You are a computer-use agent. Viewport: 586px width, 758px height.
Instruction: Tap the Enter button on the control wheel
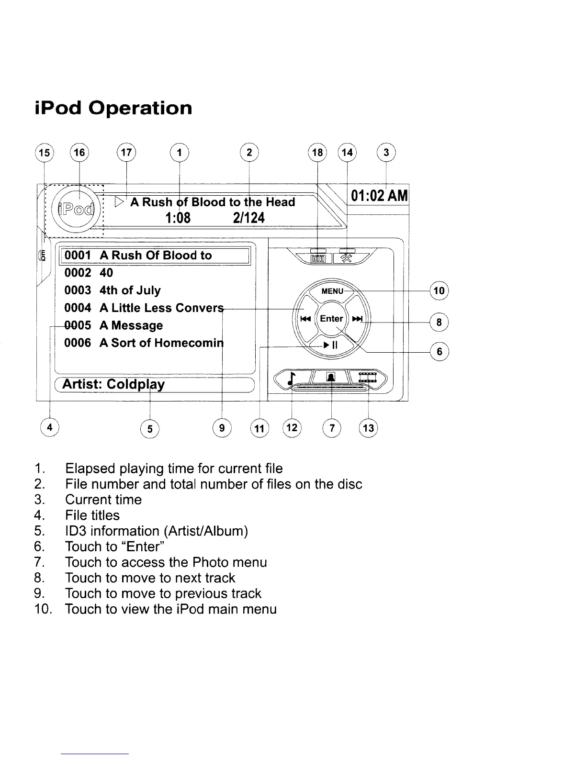[331, 319]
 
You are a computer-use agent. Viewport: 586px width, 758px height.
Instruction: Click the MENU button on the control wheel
[332, 291]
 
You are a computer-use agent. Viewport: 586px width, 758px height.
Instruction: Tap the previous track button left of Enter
[305, 319]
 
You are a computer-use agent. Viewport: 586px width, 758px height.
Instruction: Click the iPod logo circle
[75, 209]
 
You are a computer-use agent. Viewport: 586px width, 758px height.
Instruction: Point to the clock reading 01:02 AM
[379, 196]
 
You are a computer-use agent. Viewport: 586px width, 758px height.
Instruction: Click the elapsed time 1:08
[178, 218]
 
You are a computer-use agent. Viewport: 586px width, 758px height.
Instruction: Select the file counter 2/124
[248, 218]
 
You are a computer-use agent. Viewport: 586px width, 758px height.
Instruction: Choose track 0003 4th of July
[113, 290]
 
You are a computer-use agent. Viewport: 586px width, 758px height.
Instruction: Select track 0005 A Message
[113, 325]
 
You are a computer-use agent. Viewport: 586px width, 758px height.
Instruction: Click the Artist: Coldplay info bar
[153, 385]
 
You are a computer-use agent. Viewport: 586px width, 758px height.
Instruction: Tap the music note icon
[291, 378]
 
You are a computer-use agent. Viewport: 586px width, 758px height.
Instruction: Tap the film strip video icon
[368, 377]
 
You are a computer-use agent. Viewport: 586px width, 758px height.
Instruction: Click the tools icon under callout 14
[346, 258]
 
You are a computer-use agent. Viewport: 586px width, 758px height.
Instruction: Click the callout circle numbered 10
[439, 290]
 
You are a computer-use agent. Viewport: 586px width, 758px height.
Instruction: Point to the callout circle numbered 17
[126, 153]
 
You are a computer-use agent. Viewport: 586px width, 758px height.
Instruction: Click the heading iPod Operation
[113, 108]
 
